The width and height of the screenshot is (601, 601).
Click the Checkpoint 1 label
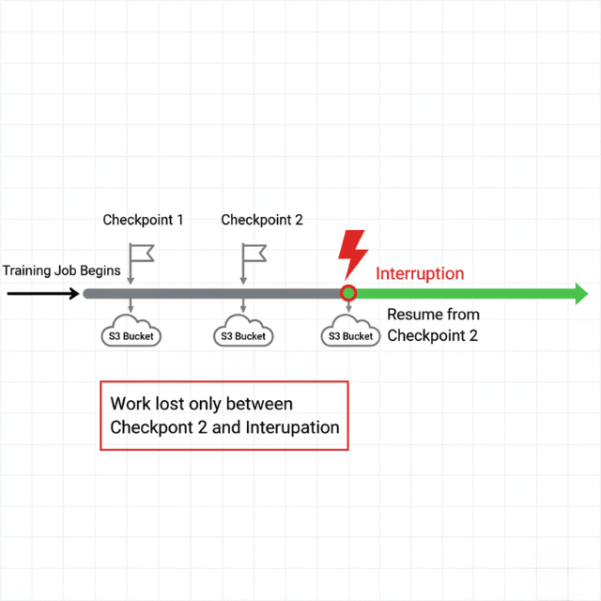[143, 220]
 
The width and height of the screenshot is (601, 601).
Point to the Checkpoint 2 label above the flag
[262, 220]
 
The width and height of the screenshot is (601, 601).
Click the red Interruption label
[420, 274]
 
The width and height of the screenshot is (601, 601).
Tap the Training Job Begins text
[61, 271]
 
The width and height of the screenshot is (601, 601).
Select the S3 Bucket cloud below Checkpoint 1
[131, 333]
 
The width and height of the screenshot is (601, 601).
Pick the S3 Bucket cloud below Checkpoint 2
[243, 333]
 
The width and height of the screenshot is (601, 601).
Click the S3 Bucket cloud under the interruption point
[350, 333]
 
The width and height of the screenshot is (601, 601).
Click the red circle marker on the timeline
[348, 293]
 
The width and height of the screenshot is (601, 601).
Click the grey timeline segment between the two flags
[192, 294]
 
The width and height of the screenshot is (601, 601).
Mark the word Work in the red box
[131, 404]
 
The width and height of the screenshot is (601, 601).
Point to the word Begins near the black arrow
[100, 271]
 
